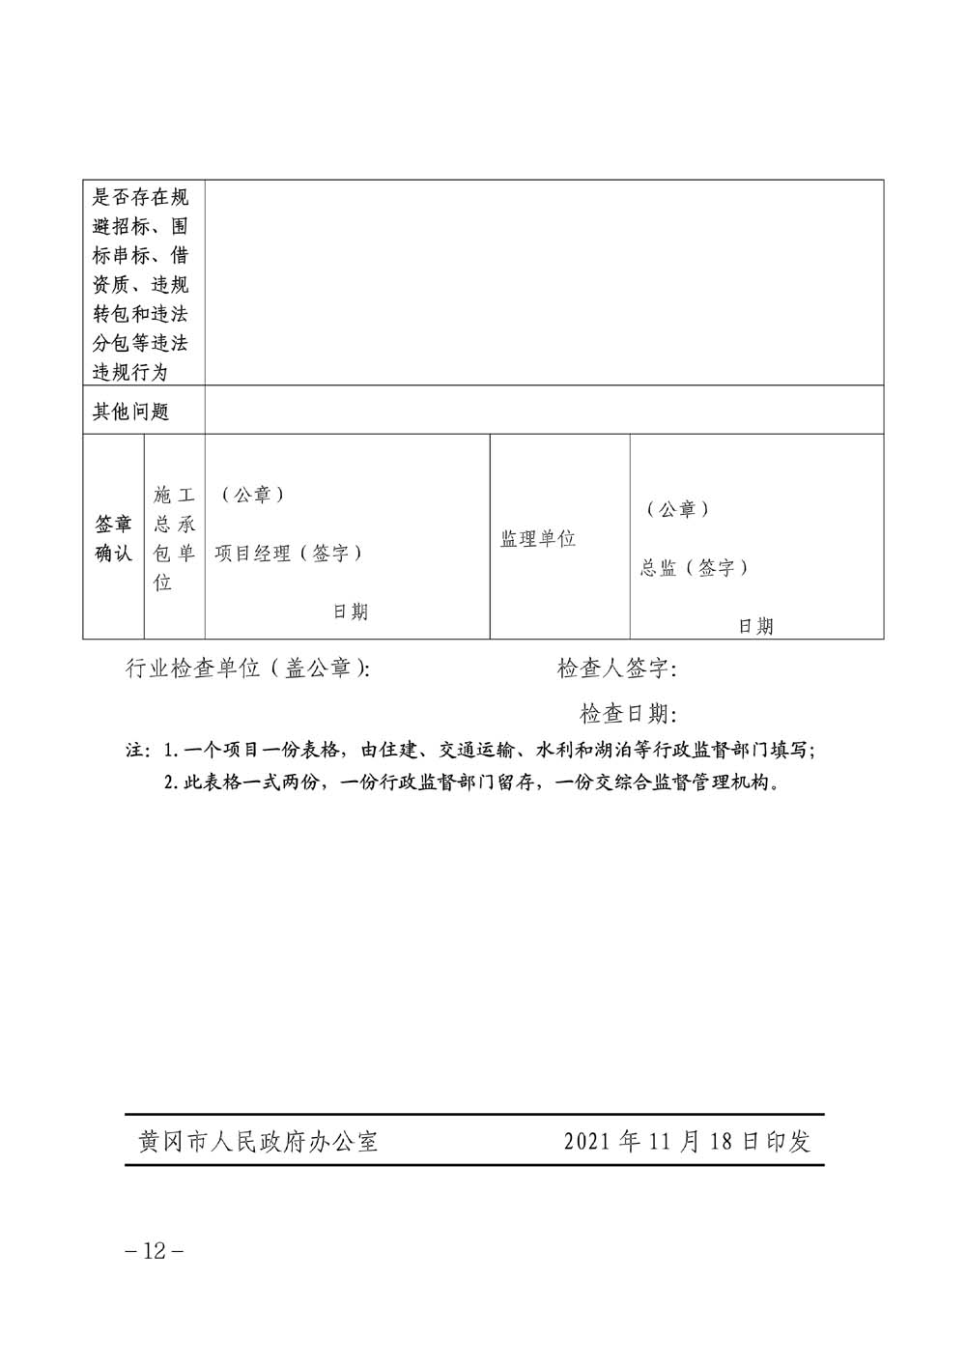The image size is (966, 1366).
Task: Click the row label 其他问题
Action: pos(130,412)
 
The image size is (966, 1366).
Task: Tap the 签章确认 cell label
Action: pos(113,539)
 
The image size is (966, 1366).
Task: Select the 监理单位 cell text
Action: pos(538,539)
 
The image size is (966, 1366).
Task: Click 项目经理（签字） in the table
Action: pos(289,553)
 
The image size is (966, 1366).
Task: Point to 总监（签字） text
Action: pos(695,568)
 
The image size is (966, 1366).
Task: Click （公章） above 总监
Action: pos(678,509)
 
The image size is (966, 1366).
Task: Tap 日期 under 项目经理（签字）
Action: pos(351,612)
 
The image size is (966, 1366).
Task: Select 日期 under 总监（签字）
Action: pos(756,626)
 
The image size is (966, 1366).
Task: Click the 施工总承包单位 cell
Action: pos(175,539)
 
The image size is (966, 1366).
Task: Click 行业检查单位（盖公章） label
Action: pos(247,669)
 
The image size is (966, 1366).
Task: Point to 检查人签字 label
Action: pos(617,669)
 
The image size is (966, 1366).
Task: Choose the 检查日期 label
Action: pos(628,714)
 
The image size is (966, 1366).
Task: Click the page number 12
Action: pos(155,1250)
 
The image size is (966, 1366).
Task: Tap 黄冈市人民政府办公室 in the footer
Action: pos(258,1141)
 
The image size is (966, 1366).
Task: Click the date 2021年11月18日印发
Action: pos(687,1141)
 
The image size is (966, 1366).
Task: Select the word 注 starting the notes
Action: pos(134,751)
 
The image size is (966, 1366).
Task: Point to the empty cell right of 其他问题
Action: pos(544,411)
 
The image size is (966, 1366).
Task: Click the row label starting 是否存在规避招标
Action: pos(141,284)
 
